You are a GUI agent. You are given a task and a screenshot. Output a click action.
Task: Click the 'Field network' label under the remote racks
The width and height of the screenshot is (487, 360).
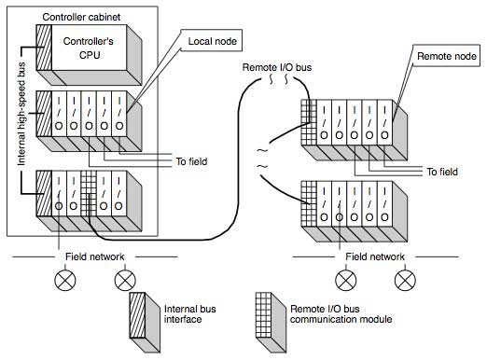coord(374,254)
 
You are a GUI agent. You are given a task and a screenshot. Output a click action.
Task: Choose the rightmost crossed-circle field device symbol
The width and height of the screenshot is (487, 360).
coord(404,278)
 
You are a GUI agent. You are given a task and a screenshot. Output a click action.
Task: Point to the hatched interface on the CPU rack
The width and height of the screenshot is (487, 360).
coord(42,43)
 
